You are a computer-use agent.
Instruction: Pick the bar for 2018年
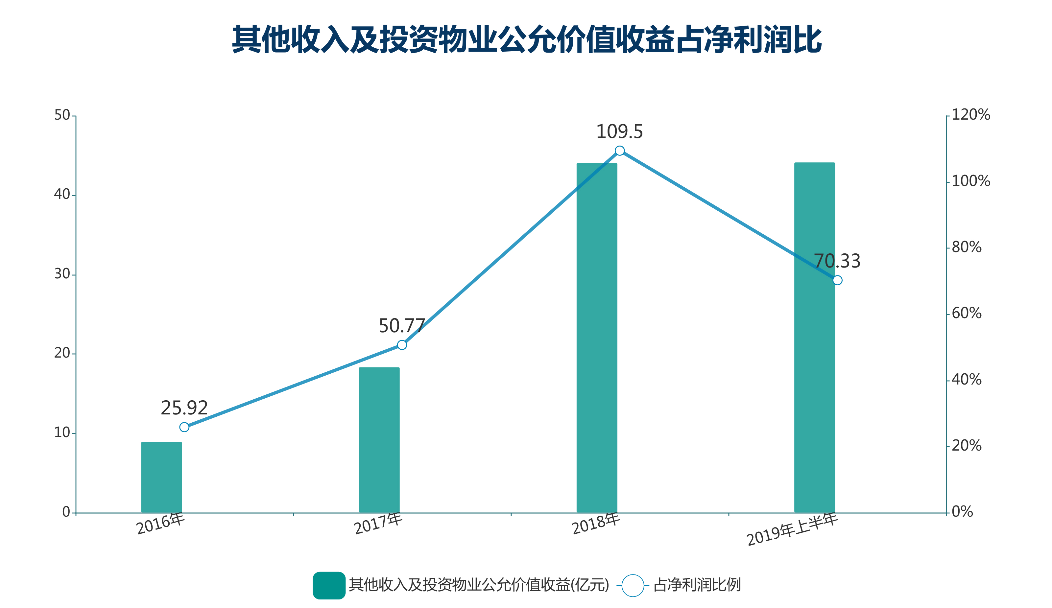tap(597, 338)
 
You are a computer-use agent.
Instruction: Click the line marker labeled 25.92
tap(184, 427)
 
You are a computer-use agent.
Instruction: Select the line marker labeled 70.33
tap(837, 280)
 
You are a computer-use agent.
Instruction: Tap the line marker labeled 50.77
tap(402, 345)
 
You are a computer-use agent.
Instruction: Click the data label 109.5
tap(619, 132)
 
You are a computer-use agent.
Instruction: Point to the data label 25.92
tap(184, 408)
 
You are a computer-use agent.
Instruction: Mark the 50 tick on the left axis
tap(62, 115)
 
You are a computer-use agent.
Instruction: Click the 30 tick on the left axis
tap(62, 274)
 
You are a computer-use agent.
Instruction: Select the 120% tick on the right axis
tap(970, 115)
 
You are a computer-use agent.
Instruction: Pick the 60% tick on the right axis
tap(967, 314)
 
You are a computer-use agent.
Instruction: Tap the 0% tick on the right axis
tap(962, 512)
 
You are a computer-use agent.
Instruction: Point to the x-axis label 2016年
tap(161, 524)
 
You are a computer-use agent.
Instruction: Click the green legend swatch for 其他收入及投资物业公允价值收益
tap(329, 585)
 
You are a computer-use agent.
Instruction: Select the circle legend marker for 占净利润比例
tap(633, 585)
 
